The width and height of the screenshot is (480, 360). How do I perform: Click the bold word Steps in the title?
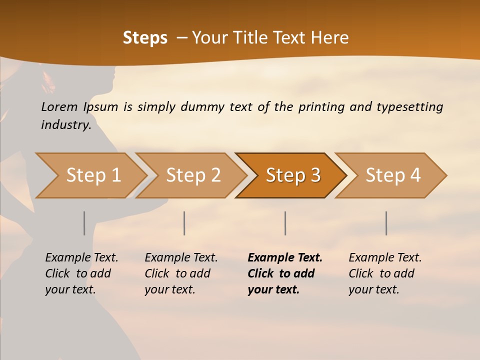tap(145, 38)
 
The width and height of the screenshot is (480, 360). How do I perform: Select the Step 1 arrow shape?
tap(93, 175)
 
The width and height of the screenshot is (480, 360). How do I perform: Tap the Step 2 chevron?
tap(193, 175)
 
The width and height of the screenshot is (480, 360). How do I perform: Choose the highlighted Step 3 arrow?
tap(293, 175)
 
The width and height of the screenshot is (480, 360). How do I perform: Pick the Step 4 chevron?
tap(393, 175)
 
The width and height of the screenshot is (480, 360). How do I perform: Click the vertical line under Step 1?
tap(84, 223)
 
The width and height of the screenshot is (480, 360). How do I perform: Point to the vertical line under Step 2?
tap(184, 223)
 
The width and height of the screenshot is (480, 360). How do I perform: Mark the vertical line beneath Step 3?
tap(285, 223)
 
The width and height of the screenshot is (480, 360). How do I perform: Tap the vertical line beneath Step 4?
tap(386, 223)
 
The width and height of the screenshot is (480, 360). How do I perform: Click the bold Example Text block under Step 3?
tap(285, 273)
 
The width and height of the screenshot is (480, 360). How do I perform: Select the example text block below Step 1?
tap(81, 273)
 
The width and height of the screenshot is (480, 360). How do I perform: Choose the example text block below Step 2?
tap(181, 273)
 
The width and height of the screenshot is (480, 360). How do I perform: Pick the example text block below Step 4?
tap(385, 273)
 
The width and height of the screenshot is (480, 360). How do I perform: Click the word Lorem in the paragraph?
tap(59, 107)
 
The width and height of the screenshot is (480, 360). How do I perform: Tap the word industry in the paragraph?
tap(66, 125)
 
